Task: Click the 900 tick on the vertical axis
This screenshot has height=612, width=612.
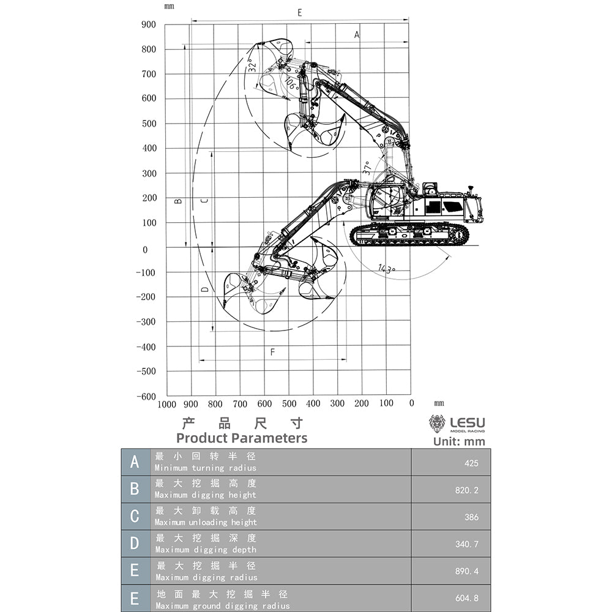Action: point(149,24)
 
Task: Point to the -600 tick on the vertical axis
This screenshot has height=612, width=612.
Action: point(146,397)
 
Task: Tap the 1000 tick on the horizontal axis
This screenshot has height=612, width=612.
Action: point(166,404)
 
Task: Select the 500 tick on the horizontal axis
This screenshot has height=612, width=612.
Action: point(289,404)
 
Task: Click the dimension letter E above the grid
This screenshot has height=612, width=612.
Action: point(299,12)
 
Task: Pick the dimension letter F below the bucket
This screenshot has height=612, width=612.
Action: point(272,352)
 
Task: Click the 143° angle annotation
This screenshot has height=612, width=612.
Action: point(386,269)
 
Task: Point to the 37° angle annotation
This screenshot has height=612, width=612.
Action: point(366,168)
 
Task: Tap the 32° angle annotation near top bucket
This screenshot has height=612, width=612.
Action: point(252,65)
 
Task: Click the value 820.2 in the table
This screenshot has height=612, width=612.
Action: point(467,490)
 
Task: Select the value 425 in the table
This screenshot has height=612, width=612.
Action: point(471,463)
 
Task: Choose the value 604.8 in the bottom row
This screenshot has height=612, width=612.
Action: point(467,599)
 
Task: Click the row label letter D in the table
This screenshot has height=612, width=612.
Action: point(135,543)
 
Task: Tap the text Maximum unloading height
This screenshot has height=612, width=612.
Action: point(206,522)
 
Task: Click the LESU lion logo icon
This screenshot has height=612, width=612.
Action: point(437,424)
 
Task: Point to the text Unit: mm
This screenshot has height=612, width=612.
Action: point(459,441)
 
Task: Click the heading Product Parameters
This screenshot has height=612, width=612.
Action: point(242,438)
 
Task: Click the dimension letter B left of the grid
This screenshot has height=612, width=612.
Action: point(178,201)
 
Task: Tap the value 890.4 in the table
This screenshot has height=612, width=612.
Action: point(467,571)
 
